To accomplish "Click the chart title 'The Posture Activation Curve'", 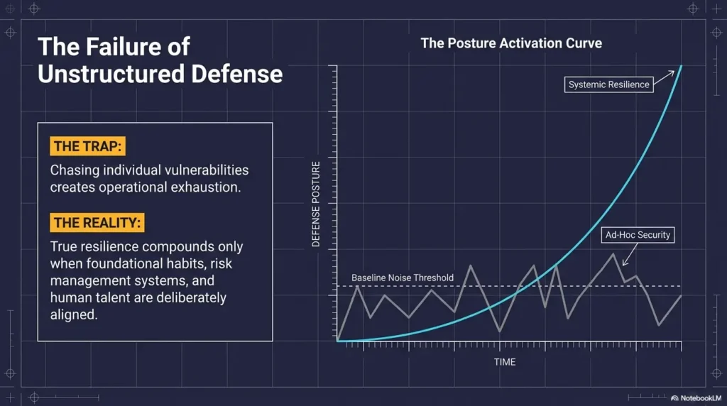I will [x=511, y=43].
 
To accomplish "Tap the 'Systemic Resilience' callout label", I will [x=608, y=84].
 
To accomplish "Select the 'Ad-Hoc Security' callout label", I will [x=637, y=235].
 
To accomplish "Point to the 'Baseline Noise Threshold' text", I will [x=403, y=278].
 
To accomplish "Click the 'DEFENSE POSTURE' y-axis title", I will [x=317, y=204].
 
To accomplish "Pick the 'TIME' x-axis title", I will [x=505, y=362].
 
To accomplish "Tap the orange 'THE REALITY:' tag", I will [x=98, y=223].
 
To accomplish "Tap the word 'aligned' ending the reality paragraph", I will [x=73, y=314].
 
